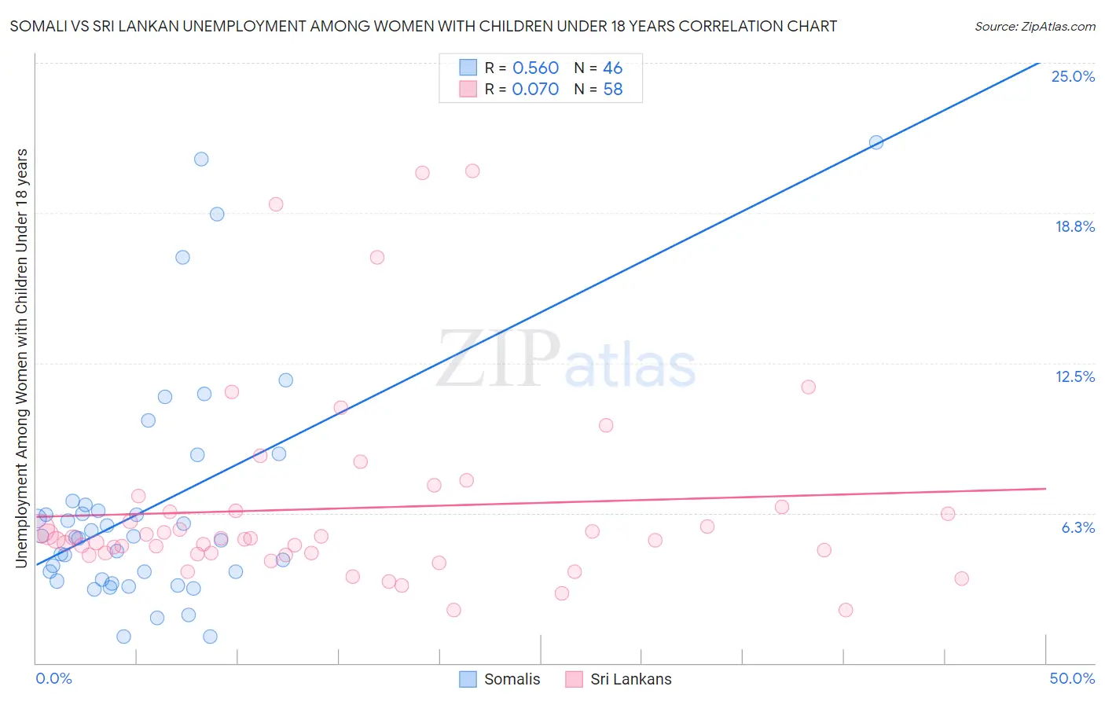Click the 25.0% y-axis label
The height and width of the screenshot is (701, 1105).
tap(1073, 76)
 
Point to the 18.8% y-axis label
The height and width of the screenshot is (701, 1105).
tap(1074, 226)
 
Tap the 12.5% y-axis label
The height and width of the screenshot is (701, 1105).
tap(1074, 376)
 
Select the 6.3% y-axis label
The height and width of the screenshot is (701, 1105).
tap(1077, 527)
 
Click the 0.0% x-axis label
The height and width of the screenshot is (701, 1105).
tap(53, 678)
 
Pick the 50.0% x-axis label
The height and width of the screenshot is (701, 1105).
tap(1072, 678)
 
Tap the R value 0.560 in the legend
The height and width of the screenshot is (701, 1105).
tap(535, 68)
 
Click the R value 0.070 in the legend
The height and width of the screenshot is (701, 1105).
tap(535, 90)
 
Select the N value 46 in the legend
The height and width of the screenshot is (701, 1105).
tap(613, 68)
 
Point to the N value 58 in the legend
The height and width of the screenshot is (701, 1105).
tap(613, 90)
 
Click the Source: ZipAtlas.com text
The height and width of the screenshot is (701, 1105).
tap(1034, 27)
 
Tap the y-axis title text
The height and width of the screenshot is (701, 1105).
tap(22, 358)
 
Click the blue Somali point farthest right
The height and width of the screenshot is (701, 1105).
tap(876, 142)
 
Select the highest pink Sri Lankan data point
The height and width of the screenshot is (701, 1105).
tap(472, 171)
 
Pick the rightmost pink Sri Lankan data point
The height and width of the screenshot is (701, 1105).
tap(961, 578)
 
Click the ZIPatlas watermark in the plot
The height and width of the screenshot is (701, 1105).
tap(566, 360)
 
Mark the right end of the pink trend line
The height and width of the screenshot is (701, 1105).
tap(1045, 489)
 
